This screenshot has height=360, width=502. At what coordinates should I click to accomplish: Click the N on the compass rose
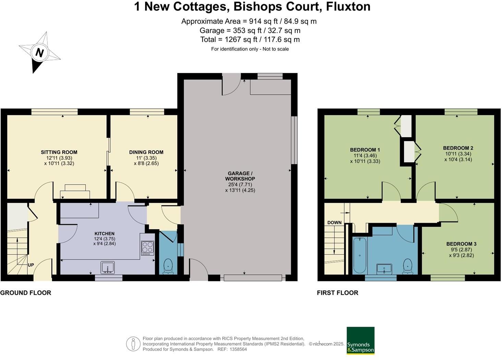point(40,53)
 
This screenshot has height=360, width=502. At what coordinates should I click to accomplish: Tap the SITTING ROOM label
point(59,152)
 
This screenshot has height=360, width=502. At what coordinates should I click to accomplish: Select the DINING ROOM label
point(146,152)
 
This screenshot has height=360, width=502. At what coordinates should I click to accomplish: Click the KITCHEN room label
point(104,234)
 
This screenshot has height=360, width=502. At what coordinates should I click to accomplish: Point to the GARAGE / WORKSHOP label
point(240,176)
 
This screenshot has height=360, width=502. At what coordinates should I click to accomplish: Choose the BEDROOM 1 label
point(365,150)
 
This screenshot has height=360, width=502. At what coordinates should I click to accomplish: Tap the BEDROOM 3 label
point(461,244)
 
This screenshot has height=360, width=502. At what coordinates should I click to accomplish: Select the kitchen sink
point(108,267)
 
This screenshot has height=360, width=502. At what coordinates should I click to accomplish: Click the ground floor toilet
point(168,266)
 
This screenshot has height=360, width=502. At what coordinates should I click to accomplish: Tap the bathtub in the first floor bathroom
point(360,255)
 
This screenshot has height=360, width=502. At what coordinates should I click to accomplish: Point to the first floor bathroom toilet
point(407,266)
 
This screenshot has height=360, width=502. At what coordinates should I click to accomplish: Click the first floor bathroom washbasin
point(384,269)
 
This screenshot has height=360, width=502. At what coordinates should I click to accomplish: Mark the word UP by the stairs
point(31,265)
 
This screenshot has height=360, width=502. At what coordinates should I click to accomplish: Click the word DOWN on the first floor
point(334,222)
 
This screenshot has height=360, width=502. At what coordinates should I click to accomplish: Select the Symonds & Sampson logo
point(360,340)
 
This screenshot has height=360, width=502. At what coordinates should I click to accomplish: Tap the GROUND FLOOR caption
point(26,293)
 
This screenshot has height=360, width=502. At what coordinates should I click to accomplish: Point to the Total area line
point(250,39)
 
